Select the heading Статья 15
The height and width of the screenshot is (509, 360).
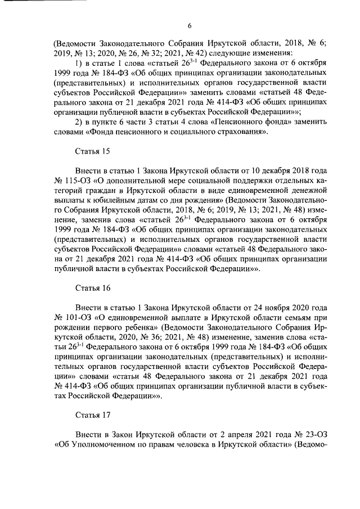click(x=92, y=152)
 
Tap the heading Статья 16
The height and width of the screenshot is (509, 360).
click(x=92, y=287)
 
